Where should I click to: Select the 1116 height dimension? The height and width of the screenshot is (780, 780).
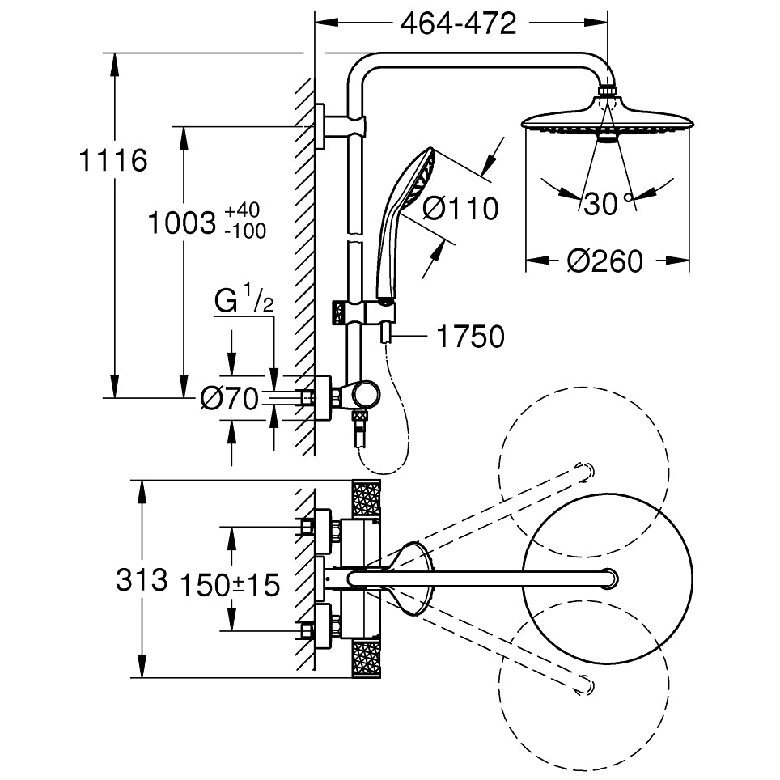coord(113,161)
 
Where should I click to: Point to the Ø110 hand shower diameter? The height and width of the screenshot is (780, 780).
coord(460,209)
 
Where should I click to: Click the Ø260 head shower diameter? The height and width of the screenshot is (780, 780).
coord(604,261)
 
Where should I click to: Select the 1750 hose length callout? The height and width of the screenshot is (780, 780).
coord(470,336)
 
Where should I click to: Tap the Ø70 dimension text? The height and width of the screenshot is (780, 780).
coord(229,397)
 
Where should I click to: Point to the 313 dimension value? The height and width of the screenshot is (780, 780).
coord(142,579)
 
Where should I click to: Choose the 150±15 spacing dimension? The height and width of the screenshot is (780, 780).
coord(229,584)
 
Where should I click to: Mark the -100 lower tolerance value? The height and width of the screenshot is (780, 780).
coord(245,231)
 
